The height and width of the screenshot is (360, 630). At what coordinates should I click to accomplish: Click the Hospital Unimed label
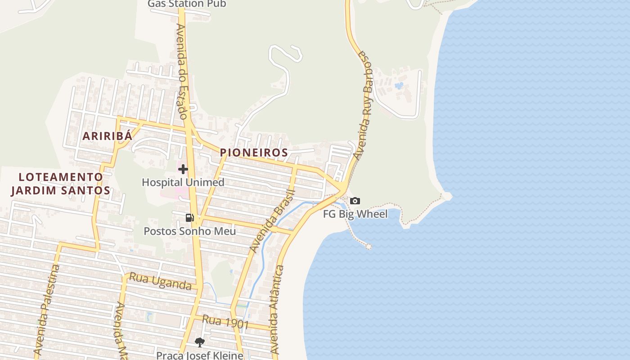point(183,182)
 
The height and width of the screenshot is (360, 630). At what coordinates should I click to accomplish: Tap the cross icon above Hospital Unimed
point(183,169)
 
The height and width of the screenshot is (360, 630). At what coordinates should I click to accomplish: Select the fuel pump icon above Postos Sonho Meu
point(189,218)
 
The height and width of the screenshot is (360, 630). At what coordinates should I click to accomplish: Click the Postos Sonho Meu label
point(189,231)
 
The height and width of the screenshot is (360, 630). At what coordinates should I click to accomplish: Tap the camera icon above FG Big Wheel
point(355,201)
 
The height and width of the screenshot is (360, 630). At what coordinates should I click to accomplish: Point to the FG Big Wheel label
point(355,214)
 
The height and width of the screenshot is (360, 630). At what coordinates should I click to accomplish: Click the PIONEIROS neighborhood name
point(254,153)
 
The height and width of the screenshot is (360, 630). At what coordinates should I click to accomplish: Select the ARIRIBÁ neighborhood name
point(107,136)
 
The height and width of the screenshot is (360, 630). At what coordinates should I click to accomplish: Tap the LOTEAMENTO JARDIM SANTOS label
point(61,184)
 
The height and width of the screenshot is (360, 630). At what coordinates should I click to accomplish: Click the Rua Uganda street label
point(160,281)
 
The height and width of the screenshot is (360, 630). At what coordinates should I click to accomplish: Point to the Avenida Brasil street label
point(273,221)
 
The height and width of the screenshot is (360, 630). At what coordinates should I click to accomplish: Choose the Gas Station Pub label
point(187,4)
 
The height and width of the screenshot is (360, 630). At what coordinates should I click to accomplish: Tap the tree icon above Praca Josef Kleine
point(199,342)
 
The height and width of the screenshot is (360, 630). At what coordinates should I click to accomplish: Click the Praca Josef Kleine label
point(199,355)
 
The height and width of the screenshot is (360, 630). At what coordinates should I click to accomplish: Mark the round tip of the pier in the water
point(369,247)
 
